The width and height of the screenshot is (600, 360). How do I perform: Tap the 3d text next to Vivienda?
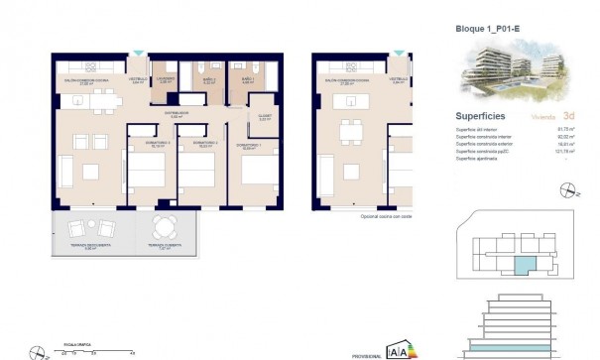pos(568,116)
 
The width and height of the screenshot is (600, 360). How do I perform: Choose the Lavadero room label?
pos(167,78)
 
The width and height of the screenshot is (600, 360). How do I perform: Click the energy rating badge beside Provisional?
pos(396,350)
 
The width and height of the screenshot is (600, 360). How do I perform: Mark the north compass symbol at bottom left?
pos(37,350)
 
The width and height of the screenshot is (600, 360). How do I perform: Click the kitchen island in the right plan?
pos(350,101)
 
